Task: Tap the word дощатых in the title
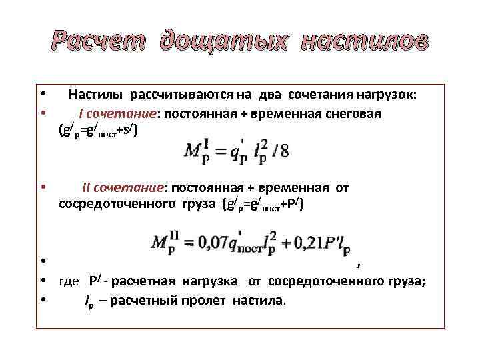(224, 41)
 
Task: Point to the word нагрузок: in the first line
(385, 95)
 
